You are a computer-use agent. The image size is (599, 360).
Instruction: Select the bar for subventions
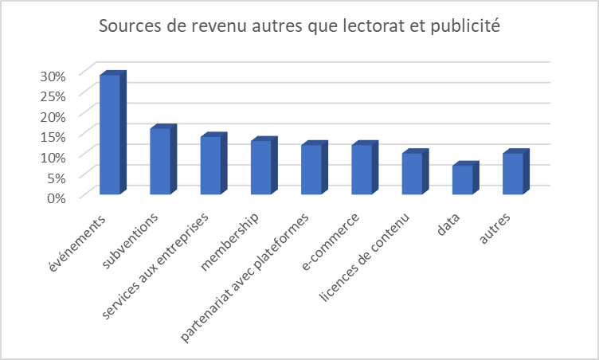160,161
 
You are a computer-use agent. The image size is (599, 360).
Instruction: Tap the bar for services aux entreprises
210,165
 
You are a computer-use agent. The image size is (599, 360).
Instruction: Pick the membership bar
261,167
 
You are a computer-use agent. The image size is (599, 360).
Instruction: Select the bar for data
463,179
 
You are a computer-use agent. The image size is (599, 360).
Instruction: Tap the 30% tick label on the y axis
51,76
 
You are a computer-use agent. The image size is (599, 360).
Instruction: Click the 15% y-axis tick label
51,136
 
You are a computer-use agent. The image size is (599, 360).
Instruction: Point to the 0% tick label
54,198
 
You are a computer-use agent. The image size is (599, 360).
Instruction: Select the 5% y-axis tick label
54,177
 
